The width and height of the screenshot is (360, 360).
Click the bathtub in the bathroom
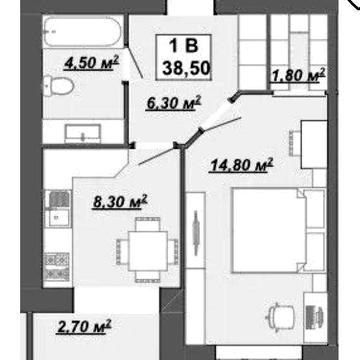click(83, 32)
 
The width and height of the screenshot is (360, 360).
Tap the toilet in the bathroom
click(59, 86)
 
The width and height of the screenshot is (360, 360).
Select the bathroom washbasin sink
click(83, 134)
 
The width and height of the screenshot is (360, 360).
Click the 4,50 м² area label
click(92, 63)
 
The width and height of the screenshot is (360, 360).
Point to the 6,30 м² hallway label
click(174, 103)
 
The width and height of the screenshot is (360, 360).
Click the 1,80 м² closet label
click(298, 75)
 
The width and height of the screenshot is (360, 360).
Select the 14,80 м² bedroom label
click(241, 165)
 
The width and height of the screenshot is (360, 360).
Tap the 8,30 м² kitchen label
click(120, 202)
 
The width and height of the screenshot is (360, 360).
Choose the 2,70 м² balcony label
click(84, 326)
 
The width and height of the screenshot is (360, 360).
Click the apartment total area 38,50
click(187, 68)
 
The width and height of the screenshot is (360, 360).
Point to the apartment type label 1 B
click(184, 46)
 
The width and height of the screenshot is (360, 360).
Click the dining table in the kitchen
click(148, 251)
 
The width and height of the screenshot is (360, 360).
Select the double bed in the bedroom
click(279, 231)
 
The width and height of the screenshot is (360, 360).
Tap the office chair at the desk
click(282, 316)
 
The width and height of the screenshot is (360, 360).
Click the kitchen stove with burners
click(57, 267)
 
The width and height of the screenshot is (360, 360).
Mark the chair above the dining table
click(148, 223)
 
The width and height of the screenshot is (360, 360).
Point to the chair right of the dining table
click(173, 251)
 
